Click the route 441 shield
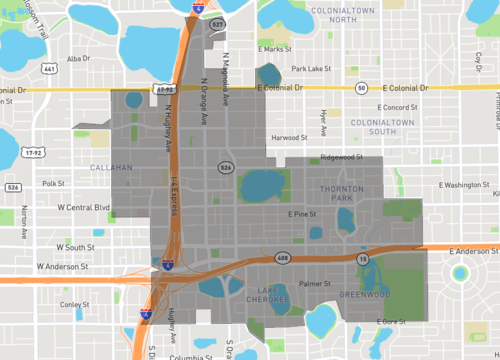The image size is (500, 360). (x=49, y=69)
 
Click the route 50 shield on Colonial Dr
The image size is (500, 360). (x=360, y=88)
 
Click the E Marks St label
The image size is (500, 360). (x=273, y=48)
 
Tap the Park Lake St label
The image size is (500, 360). (x=310, y=69)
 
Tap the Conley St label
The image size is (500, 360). (x=73, y=304)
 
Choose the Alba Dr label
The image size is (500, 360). (x=78, y=59)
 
